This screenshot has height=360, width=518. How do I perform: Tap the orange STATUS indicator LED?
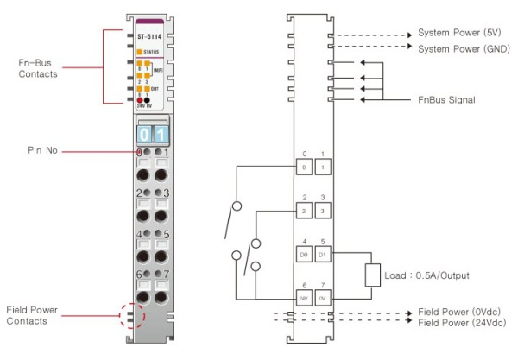(140, 51)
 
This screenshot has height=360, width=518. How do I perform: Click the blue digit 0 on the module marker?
(145, 134)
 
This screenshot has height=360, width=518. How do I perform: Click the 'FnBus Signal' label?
(447, 99)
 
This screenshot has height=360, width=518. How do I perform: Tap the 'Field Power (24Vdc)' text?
(460, 323)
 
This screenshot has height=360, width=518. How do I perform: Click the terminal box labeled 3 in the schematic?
(321, 210)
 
